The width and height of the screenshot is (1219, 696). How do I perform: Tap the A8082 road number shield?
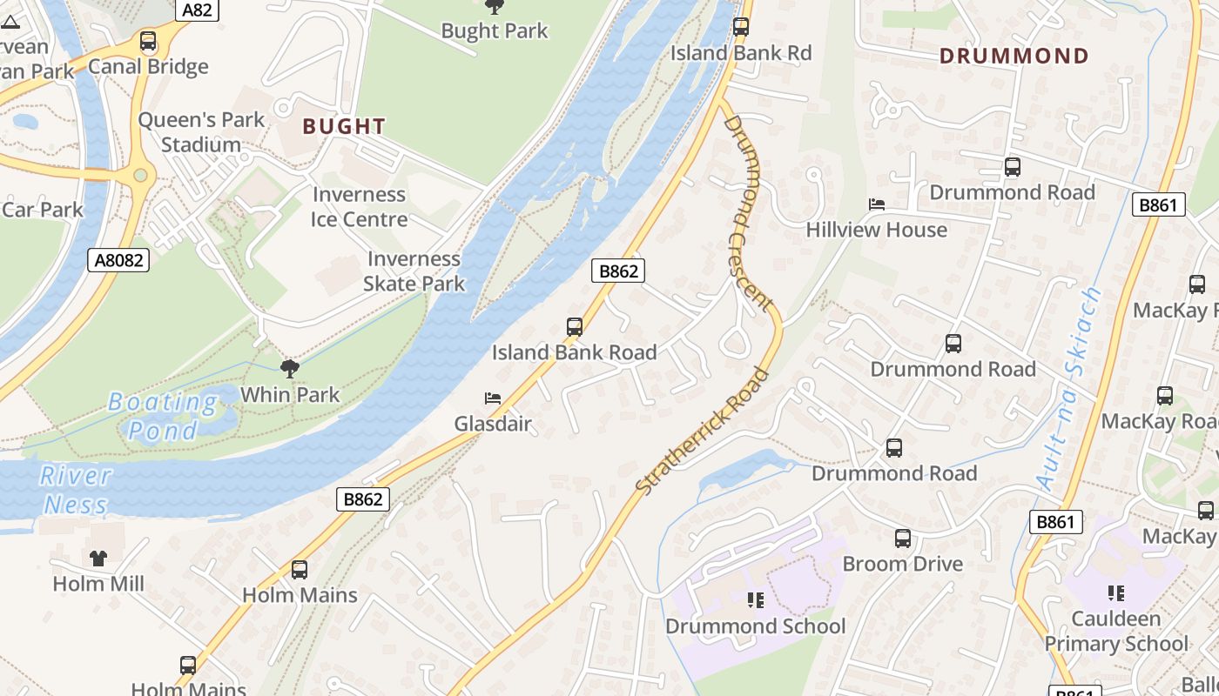point(118,259)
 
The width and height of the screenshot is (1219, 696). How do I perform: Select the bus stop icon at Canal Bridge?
point(148,41)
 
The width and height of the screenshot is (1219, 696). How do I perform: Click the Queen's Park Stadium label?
point(201,132)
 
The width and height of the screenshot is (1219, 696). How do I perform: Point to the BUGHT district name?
point(344,126)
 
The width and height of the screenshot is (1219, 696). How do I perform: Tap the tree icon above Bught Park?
point(495,7)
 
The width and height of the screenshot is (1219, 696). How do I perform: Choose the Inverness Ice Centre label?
point(360,207)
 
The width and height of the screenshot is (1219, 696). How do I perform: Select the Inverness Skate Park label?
point(414,271)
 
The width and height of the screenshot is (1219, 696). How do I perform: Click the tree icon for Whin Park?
point(290,369)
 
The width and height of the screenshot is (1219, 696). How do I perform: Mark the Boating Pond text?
point(163,416)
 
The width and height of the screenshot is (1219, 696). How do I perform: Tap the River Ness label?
point(77,490)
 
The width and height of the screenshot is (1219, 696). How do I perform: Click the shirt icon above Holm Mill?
point(98,558)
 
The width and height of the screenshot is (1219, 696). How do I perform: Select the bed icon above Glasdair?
point(493,398)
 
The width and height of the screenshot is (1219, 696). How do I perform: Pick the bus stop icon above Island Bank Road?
point(575,327)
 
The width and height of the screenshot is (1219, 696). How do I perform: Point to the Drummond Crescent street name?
point(748,212)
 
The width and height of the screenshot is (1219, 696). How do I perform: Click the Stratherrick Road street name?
point(703,432)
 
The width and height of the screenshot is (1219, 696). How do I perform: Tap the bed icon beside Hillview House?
point(877,204)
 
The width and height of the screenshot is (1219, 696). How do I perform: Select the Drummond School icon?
point(755,599)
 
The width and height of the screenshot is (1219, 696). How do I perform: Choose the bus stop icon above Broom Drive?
point(903,539)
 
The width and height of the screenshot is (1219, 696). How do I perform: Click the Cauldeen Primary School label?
point(1115,631)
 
